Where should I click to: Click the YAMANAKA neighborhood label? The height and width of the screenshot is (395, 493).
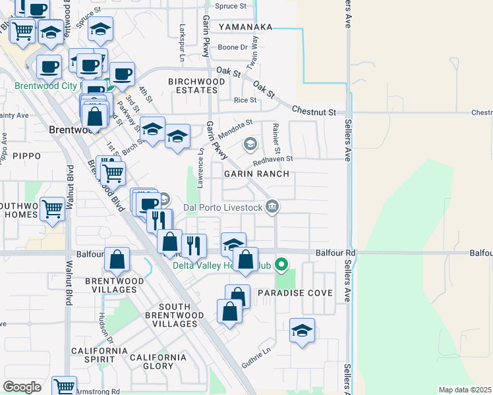pos(245,27)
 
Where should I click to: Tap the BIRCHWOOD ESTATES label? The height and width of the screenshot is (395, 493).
pos(196,88)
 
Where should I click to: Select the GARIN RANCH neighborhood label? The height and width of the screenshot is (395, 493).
pos(256,174)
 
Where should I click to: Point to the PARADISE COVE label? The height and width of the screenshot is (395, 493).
pos(295,292)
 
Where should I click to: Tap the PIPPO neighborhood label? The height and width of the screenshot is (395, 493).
pos(26,156)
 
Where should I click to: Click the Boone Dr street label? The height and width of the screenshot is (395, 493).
pos(232,47)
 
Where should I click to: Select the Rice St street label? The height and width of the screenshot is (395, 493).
pos(245,100)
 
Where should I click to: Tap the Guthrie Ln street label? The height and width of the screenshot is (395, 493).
pos(256,356)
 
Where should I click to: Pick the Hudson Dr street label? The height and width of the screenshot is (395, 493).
pos(105,327)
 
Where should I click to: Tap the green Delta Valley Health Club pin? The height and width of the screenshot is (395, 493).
pos(281,265)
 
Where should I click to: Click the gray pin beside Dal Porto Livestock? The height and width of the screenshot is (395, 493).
pos(272,207)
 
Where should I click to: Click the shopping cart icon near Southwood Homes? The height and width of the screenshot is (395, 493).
pos(53,209)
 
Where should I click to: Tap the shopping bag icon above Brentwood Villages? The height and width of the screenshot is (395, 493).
pos(117,259)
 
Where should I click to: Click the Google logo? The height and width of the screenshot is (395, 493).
pos(22,387)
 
